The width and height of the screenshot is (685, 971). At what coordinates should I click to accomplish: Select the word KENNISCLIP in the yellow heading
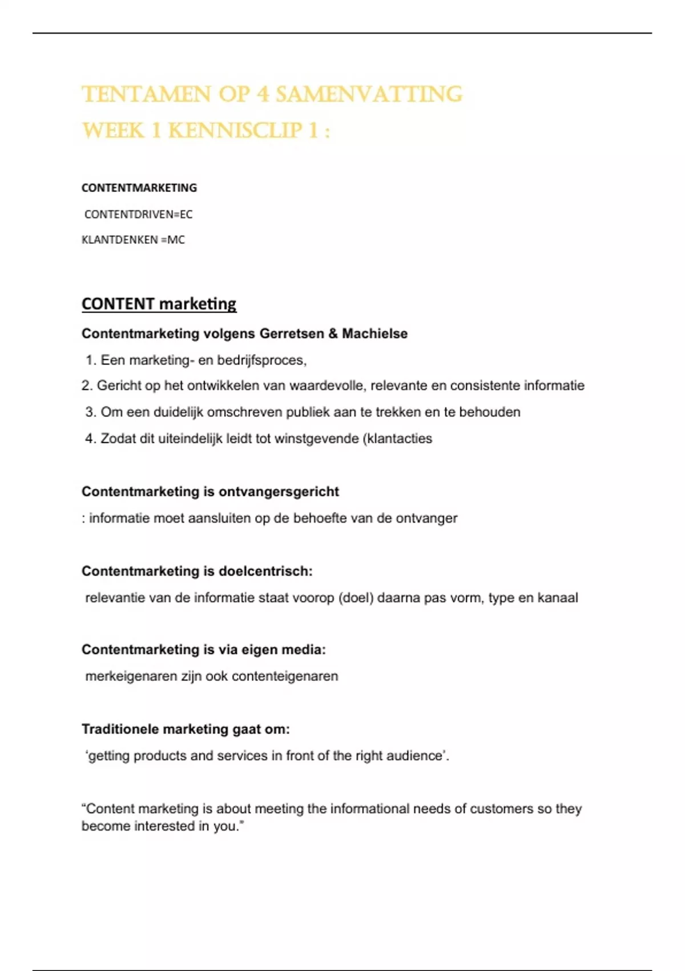[235, 131]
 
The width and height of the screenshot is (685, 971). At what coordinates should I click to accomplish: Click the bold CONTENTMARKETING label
[139, 188]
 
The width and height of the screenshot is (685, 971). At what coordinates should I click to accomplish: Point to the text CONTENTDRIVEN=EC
[139, 214]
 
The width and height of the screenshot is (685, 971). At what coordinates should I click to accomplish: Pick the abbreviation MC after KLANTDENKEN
[176, 240]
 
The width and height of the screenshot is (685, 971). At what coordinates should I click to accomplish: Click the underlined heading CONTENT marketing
[159, 304]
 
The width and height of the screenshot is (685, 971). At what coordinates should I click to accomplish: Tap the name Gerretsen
[292, 334]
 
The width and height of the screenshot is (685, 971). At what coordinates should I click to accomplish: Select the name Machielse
[374, 334]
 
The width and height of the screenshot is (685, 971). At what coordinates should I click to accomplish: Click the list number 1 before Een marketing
[90, 360]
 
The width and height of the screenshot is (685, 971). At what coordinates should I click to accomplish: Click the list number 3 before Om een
[90, 412]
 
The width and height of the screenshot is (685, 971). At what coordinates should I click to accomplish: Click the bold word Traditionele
[120, 729]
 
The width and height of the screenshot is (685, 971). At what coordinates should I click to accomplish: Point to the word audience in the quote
[414, 756]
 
